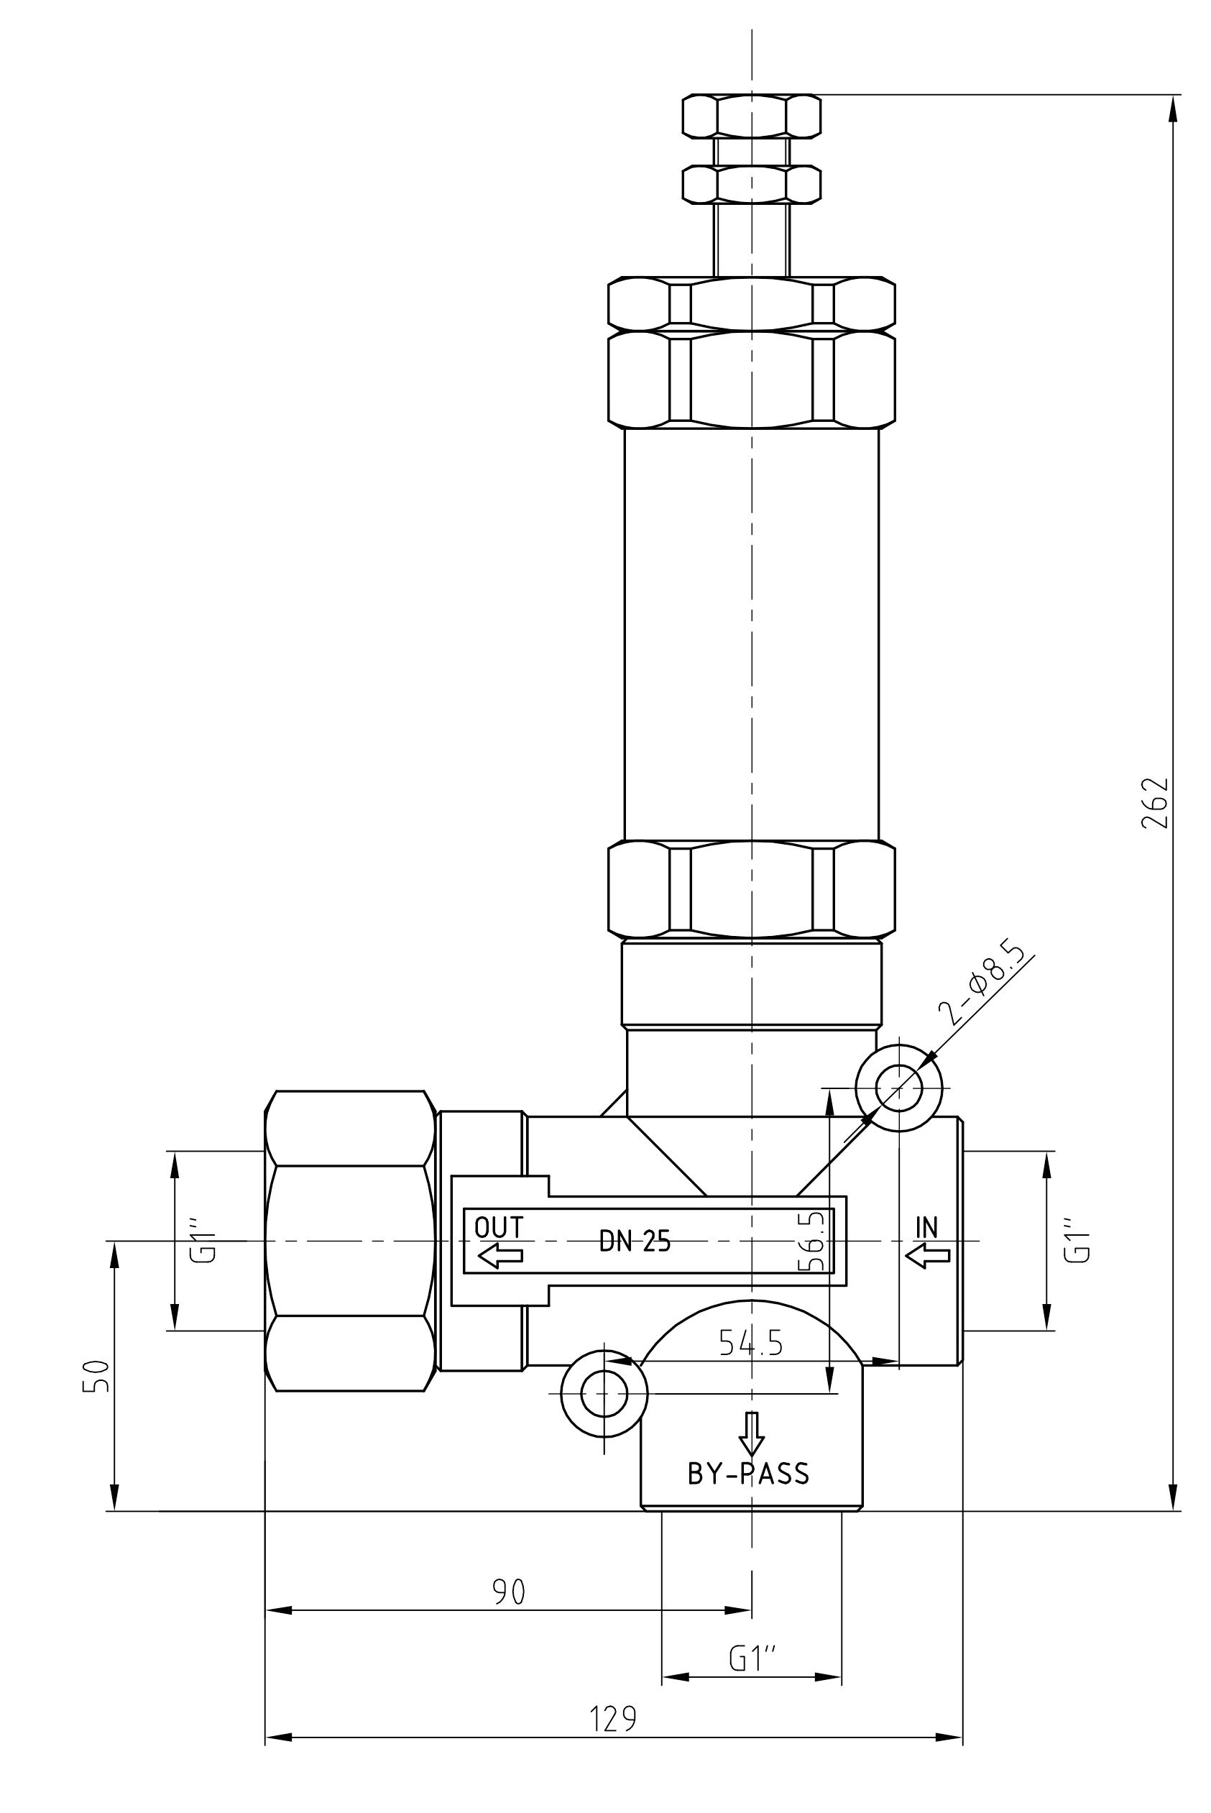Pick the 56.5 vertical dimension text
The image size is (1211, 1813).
coord(811,1241)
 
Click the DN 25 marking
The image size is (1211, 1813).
coord(635,1241)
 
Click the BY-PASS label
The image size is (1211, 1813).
coord(748,1474)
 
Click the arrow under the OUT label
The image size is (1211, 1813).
coord(500,1255)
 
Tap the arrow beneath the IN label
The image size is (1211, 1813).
coord(928,1255)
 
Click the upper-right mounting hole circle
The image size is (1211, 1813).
coord(899,1088)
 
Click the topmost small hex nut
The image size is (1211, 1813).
coord(752,116)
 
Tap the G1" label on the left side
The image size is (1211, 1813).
coord(203,1241)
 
